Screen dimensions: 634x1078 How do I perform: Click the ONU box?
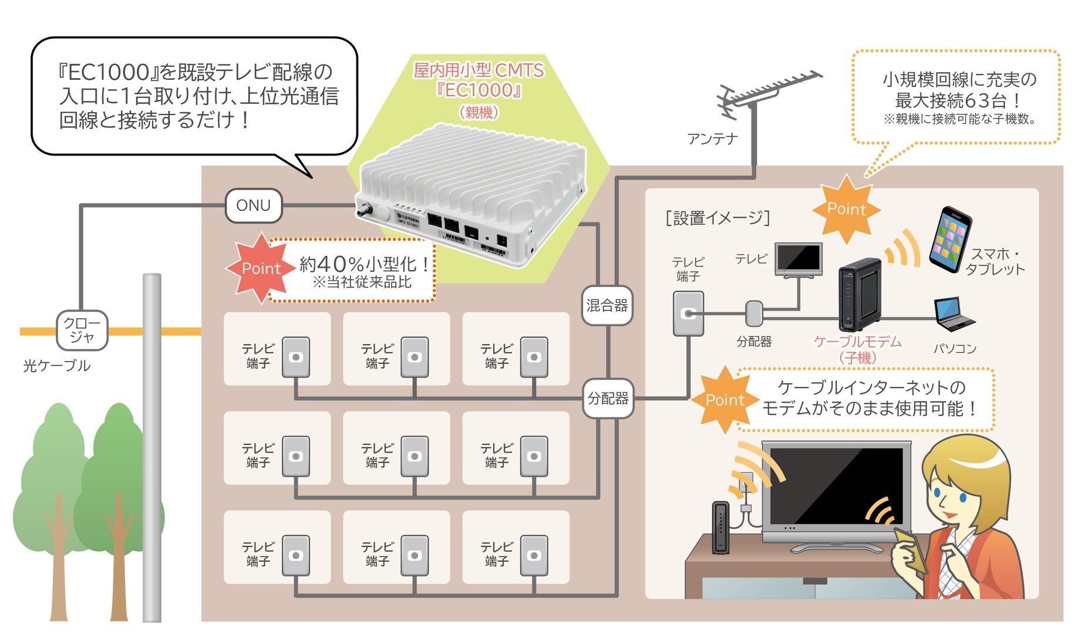[x=253, y=205]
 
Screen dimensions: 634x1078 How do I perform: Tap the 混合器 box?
[x=607, y=305]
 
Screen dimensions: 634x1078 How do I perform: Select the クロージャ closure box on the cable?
[x=82, y=331]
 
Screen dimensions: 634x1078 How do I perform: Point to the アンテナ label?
[x=712, y=139]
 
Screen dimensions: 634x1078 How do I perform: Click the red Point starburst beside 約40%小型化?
[x=260, y=268]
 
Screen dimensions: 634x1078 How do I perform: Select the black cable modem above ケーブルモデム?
[x=860, y=295]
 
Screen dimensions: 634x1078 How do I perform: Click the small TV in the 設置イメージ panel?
[x=798, y=259]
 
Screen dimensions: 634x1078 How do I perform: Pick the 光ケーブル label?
[x=56, y=366]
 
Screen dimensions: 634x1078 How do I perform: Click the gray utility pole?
[x=152, y=446]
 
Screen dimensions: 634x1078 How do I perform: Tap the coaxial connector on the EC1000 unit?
[x=366, y=210]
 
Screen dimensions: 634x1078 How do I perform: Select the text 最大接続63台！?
[x=959, y=100]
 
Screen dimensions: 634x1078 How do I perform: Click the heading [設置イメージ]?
[x=717, y=218]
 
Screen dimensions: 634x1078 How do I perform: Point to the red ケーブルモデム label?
[x=857, y=342]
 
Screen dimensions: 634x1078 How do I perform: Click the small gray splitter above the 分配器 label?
[x=754, y=313]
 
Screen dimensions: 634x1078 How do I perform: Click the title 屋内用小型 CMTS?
[x=479, y=70]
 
